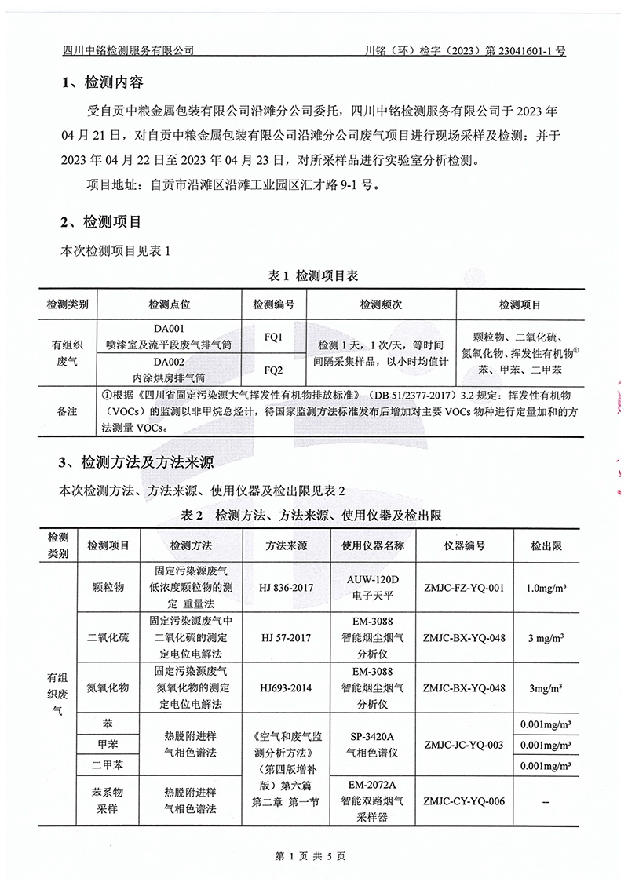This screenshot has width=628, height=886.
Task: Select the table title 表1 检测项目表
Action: tap(313, 275)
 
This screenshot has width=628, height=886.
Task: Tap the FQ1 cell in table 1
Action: tap(274, 337)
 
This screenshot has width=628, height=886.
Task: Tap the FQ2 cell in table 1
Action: tap(274, 369)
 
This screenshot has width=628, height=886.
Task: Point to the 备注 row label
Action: tap(68, 410)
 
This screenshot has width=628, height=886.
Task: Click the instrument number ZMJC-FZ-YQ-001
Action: tap(463, 586)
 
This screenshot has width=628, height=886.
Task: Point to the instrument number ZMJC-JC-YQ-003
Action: tap(463, 745)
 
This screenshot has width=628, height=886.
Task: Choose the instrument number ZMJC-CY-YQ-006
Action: tap(463, 800)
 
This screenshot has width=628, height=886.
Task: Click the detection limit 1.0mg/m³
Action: tap(547, 586)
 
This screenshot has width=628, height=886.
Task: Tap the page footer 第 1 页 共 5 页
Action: tap(313, 855)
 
